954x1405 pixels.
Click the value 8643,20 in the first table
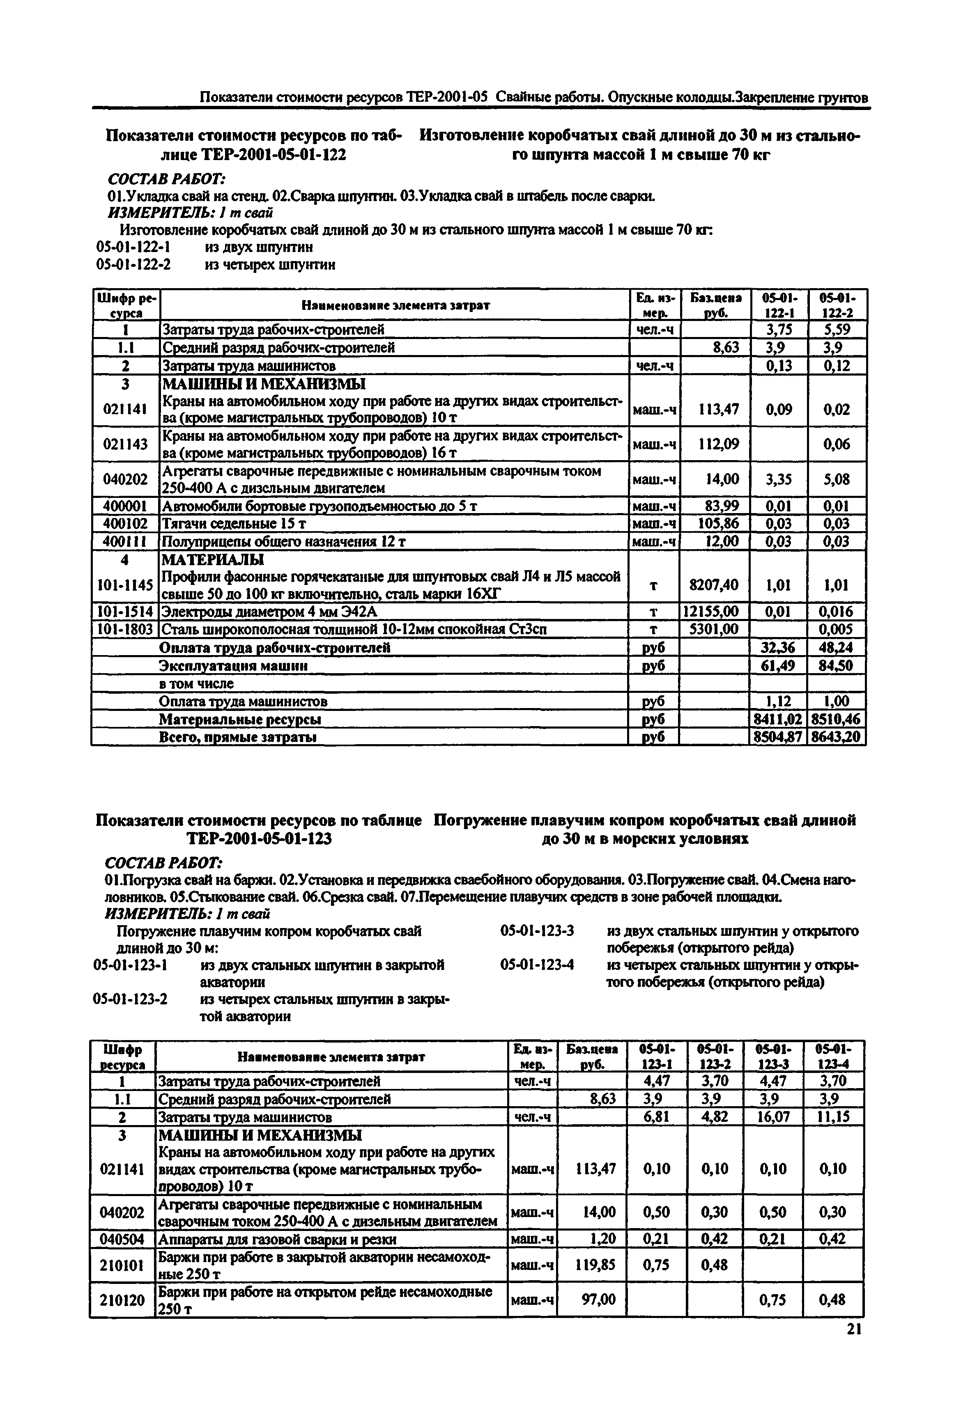(x=836, y=737)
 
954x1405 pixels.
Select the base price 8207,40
(x=714, y=584)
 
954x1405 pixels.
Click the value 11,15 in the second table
(x=833, y=1116)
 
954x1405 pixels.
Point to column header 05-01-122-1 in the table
(x=779, y=305)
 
